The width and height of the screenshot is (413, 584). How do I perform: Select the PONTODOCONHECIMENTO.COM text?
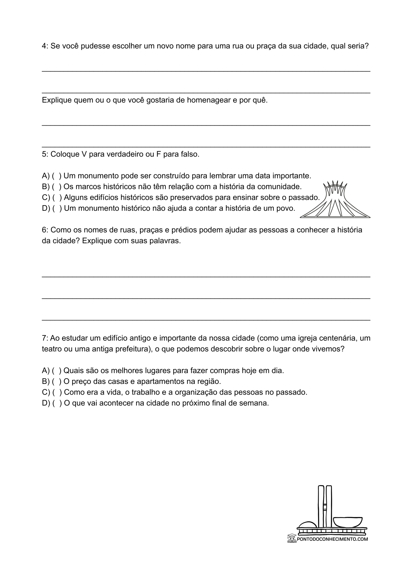(x=332, y=539)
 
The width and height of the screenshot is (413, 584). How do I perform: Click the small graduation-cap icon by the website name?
(x=292, y=538)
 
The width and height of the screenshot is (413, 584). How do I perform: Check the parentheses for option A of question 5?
(x=57, y=176)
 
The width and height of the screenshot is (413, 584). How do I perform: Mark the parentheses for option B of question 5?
(x=57, y=187)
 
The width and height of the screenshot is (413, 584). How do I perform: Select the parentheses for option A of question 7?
(x=57, y=371)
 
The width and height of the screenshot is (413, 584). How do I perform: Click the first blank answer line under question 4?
(x=206, y=71)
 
